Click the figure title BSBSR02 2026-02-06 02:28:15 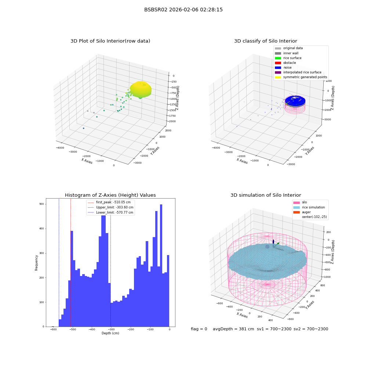(x=183, y=10)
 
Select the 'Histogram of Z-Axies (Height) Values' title (x=110, y=195)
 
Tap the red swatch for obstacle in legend (x=278, y=63)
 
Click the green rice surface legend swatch (x=278, y=58)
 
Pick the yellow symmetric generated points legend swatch (x=278, y=77)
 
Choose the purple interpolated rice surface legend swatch (x=278, y=72)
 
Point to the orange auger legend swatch (x=297, y=212)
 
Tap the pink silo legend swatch (x=297, y=203)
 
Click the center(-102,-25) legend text (x=315, y=217)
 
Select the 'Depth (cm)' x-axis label (x=110, y=333)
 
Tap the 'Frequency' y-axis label (x=36, y=263)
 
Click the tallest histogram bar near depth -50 (x=161, y=265)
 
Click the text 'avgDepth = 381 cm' (x=233, y=329)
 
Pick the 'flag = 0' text (x=199, y=329)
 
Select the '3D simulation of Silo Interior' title (x=266, y=195)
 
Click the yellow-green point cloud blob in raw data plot (x=141, y=90)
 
